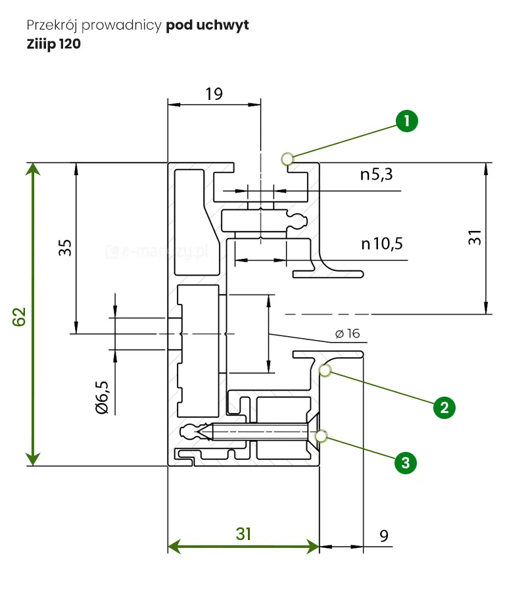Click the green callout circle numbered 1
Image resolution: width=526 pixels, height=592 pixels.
[x=407, y=121]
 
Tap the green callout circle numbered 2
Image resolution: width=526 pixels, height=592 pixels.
[x=444, y=407]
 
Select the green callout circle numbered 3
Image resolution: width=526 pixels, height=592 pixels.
[x=405, y=462]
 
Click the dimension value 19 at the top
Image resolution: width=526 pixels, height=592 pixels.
[x=214, y=93]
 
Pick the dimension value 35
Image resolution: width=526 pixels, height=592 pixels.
[x=64, y=248]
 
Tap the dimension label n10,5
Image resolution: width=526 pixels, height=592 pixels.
[x=381, y=244]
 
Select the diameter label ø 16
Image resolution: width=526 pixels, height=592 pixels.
[x=347, y=333]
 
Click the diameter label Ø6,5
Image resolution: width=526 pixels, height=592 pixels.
[x=102, y=397]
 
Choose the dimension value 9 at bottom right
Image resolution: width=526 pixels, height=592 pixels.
[x=383, y=537]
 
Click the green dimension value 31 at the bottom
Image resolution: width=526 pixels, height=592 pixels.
[x=243, y=534]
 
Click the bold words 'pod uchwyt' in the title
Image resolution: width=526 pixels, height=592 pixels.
[x=207, y=26]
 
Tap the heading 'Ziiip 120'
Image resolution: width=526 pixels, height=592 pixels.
[x=54, y=45]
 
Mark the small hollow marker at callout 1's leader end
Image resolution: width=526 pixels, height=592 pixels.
[x=287, y=159]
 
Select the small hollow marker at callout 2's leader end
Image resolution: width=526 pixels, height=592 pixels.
[x=324, y=370]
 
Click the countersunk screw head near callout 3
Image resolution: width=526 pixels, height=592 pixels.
[x=312, y=432]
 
